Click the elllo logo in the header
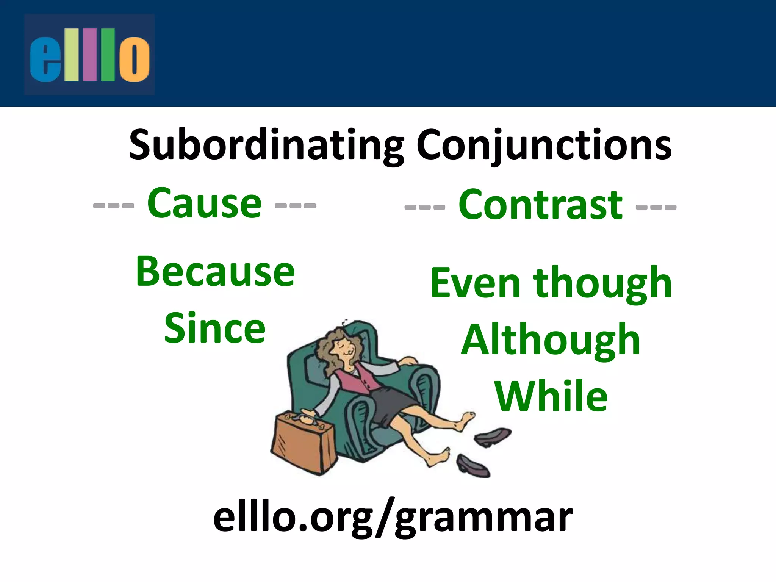pos(89,55)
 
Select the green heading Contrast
pos(540,205)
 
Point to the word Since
pos(215,329)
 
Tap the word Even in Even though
pos(475,283)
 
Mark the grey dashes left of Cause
pos(113,206)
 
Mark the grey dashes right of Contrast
pos(656,207)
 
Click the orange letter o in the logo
pos(134,59)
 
